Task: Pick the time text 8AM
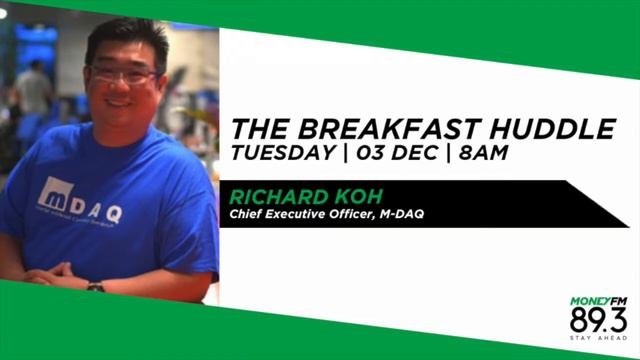[485, 153]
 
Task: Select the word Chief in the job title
[248, 213]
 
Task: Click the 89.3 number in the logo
[597, 320]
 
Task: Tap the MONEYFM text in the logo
[597, 300]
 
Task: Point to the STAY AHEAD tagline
[599, 340]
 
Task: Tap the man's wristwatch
[95, 286]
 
